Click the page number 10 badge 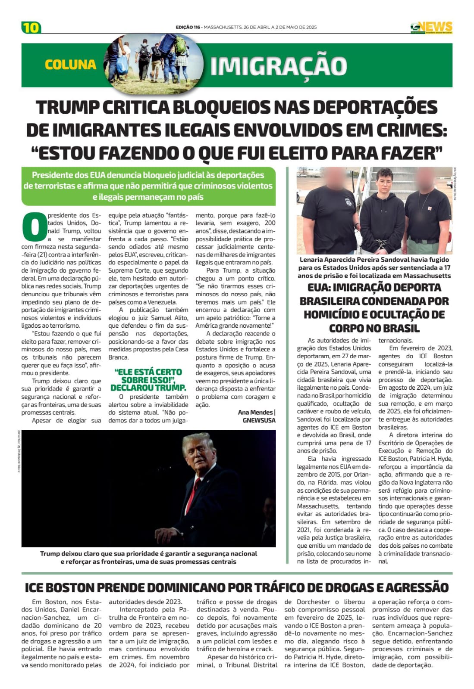tap(31, 28)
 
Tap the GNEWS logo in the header tap(431, 27)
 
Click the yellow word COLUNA tap(70, 65)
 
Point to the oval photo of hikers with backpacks tap(153, 63)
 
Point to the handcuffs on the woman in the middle tap(381, 244)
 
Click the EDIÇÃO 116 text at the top tap(188, 27)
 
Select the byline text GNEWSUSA tap(259, 420)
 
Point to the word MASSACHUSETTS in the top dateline tap(222, 27)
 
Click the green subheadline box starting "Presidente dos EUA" tap(148, 186)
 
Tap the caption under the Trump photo tap(148, 557)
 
